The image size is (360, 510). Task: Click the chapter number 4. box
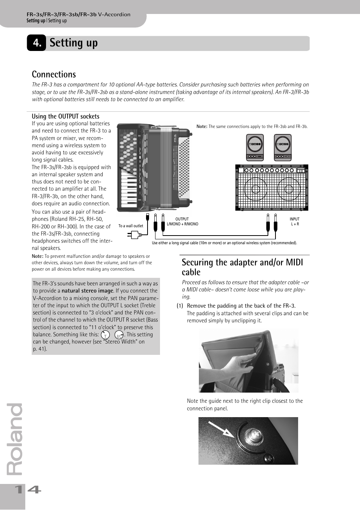pos(36,43)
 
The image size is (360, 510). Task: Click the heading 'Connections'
pos(54,74)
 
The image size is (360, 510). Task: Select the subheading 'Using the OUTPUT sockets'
pos(65,116)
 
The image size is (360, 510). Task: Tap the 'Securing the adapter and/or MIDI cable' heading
pos(242,267)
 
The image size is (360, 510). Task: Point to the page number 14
pos(27,490)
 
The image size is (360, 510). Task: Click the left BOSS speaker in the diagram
pos(255,147)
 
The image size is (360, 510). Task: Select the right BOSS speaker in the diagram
pos(283,147)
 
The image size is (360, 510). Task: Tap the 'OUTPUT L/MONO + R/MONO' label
pos(182,222)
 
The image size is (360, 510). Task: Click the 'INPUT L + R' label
pos(294,222)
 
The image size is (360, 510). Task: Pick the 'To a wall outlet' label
pos(131,226)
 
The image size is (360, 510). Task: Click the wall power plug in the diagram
pos(135,234)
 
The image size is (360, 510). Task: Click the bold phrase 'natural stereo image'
pos(87,291)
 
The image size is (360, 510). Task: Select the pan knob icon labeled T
pos(105,335)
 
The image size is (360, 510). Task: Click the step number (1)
pos(180,306)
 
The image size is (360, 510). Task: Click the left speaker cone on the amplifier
pos(255,189)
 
